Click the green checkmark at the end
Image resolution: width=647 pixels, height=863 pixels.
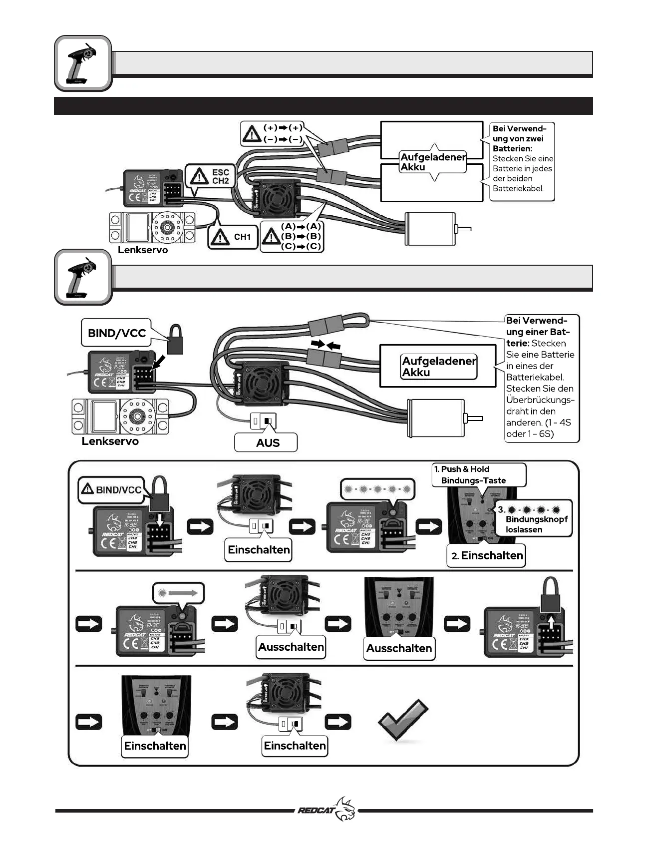(x=403, y=720)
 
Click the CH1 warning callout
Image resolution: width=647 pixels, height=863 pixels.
(x=233, y=237)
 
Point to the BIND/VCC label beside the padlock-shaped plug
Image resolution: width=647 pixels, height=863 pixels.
(x=116, y=333)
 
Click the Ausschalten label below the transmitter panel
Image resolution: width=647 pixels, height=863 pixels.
(x=399, y=648)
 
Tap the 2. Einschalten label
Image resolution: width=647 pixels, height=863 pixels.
(x=486, y=555)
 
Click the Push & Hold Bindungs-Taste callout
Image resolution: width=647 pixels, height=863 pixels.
(x=478, y=474)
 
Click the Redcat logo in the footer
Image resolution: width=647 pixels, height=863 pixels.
(x=327, y=810)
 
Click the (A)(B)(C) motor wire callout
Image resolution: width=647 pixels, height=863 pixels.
(x=293, y=236)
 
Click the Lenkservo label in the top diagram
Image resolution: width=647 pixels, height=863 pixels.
(x=142, y=250)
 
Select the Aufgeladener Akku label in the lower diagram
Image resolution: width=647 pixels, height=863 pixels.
(x=439, y=367)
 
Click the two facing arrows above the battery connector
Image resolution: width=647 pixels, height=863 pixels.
(x=325, y=344)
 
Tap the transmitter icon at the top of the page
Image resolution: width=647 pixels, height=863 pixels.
(x=82, y=63)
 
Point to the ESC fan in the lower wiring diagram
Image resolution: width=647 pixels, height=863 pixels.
(x=261, y=383)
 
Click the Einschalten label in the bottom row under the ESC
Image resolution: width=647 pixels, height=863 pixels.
(x=295, y=746)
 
